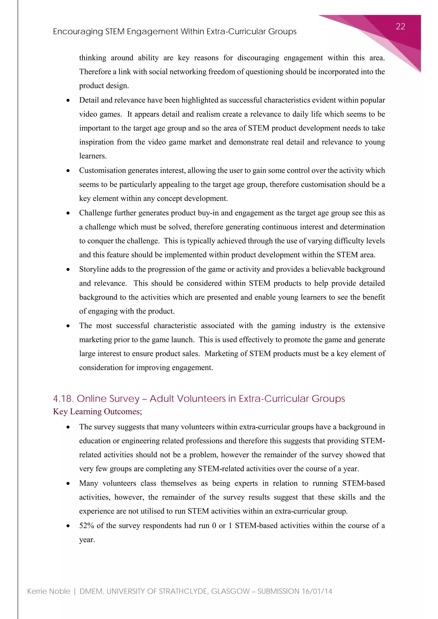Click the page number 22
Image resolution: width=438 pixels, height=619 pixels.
[x=400, y=27]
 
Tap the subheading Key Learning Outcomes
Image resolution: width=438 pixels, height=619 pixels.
[x=97, y=412]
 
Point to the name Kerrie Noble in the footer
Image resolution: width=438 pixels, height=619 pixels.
[x=49, y=591]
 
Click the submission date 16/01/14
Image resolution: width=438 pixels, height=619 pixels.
[x=317, y=591]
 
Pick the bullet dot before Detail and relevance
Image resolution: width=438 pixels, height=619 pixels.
[x=68, y=100]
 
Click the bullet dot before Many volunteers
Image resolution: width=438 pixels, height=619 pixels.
[x=68, y=484]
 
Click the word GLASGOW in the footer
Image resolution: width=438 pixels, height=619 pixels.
[x=231, y=591]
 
